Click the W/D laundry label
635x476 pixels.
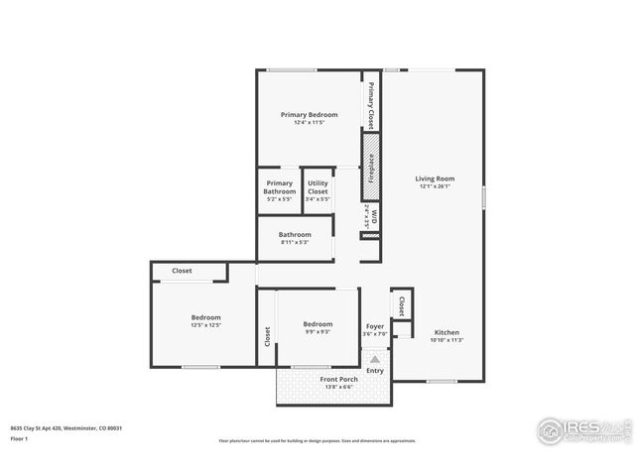[370, 216]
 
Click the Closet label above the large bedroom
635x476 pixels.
[182, 271]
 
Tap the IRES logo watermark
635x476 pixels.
[580, 430]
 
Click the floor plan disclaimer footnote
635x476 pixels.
[317, 440]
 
